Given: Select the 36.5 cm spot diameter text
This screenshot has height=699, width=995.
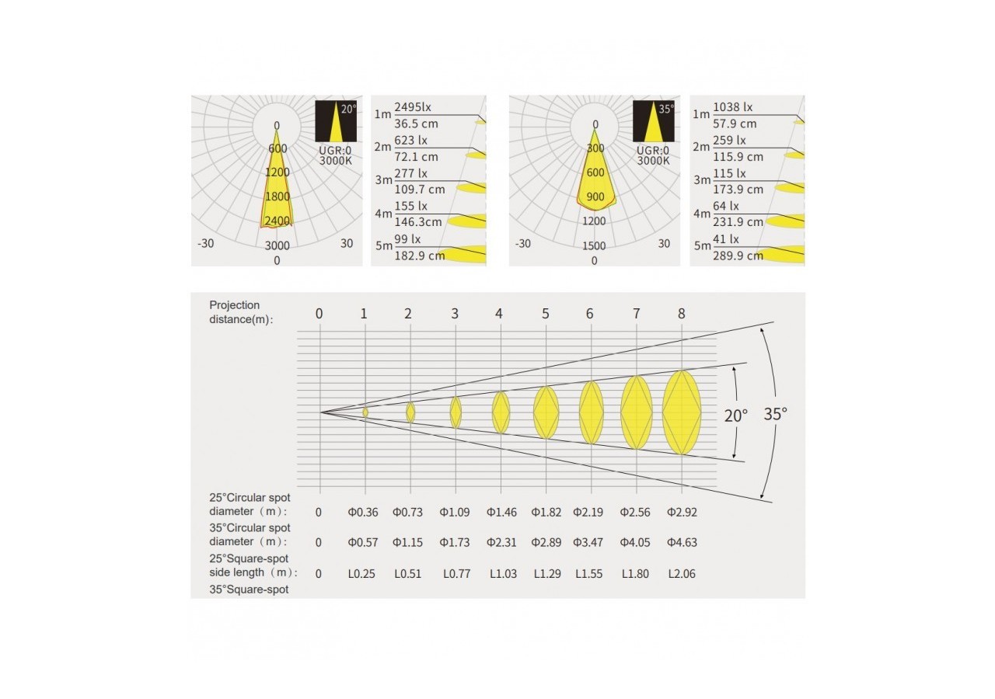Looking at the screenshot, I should [415, 123].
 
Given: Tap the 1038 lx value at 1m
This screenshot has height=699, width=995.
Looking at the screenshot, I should [732, 107].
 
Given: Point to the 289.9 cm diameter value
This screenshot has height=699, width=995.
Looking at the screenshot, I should [738, 256].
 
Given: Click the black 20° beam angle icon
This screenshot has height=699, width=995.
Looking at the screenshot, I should [336, 120].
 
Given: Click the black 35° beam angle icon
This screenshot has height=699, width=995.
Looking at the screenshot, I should [653, 120].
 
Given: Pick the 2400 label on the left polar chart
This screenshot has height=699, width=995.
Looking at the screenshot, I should [277, 221].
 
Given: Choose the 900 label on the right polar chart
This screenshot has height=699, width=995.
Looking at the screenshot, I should [595, 197].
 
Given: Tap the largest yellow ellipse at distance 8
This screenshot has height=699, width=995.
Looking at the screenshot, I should [682, 412].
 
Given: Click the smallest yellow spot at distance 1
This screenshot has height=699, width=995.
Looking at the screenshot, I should [365, 412].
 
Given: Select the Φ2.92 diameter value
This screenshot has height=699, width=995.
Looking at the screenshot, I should [682, 513].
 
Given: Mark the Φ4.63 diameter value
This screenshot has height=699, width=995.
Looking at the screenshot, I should [682, 543].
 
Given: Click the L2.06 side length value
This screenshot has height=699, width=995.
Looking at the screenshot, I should [682, 574].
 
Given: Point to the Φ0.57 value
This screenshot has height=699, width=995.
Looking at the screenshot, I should [364, 543].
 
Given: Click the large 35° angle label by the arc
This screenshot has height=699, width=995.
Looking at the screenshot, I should [775, 414].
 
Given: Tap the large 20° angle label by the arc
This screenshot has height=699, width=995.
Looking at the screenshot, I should [735, 416].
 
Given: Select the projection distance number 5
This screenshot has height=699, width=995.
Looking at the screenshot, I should [546, 314].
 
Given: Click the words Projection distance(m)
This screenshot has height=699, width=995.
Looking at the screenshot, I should [240, 312].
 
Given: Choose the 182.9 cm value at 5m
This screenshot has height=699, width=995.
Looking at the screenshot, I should [420, 256].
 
